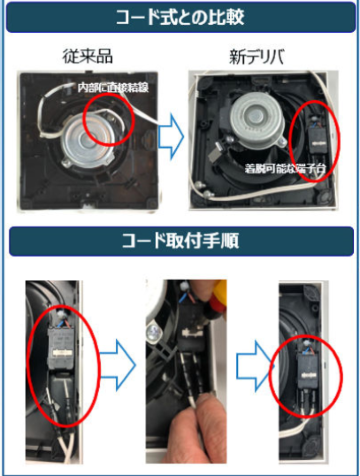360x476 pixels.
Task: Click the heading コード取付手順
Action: point(180,241)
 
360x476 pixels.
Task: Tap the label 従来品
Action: point(88,57)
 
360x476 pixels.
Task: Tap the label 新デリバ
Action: point(256,57)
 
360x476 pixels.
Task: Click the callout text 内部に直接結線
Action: point(113,88)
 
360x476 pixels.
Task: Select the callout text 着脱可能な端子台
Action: point(285,169)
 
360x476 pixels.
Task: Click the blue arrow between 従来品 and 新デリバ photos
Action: point(171,137)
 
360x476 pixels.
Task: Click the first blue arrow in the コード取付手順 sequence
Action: point(118,365)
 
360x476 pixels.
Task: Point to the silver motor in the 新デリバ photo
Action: point(257,117)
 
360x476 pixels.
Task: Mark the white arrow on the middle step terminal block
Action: point(191,333)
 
